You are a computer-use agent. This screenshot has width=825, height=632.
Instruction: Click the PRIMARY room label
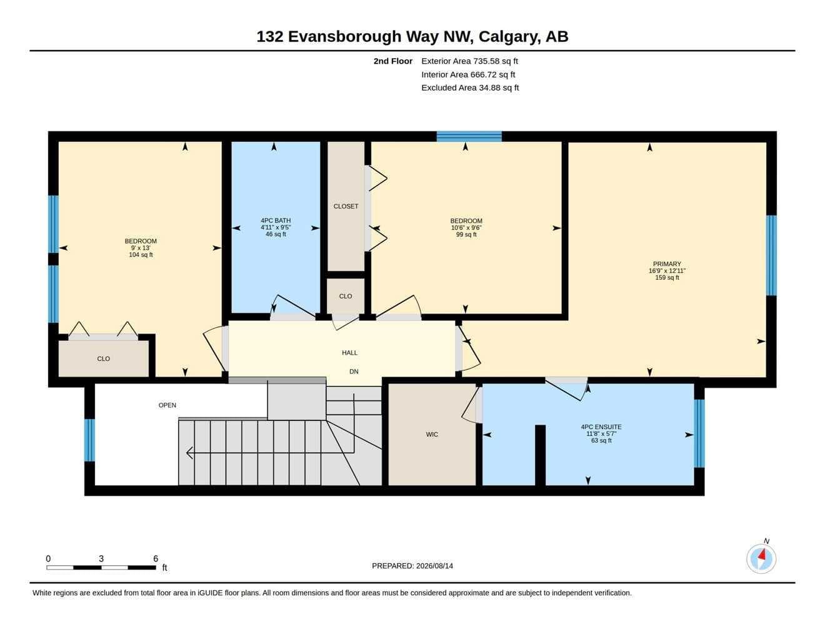(x=667, y=264)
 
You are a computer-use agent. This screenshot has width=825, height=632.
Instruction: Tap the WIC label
(x=432, y=435)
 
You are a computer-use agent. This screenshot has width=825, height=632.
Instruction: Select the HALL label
(x=349, y=353)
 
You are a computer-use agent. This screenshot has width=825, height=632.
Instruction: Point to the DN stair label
(x=354, y=372)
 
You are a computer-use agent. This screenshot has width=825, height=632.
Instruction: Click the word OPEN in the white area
(x=167, y=405)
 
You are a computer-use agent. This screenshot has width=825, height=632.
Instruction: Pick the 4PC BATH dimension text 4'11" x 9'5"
(x=276, y=227)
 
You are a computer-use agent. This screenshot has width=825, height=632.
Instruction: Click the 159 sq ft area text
(x=667, y=277)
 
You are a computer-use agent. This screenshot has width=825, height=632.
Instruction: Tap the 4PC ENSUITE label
(x=601, y=427)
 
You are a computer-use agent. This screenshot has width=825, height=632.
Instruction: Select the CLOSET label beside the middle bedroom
(x=346, y=206)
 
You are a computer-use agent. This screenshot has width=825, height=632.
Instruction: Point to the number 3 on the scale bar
(x=101, y=558)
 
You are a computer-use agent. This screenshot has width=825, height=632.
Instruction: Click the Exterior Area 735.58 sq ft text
(x=469, y=61)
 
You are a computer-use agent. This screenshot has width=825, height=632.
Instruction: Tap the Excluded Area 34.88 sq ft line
(x=469, y=87)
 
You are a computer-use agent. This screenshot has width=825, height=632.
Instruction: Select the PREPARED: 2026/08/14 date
(x=412, y=566)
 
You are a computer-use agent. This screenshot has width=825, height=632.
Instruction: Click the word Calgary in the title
(x=509, y=37)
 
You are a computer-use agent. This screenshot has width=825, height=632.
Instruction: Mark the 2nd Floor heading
(x=392, y=61)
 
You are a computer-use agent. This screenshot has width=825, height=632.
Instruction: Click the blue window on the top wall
(x=469, y=136)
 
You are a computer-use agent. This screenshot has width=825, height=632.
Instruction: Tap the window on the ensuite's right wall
(x=699, y=433)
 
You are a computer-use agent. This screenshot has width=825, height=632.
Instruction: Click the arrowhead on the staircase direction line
(x=189, y=453)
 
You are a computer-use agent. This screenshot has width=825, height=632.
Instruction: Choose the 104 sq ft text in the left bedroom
(x=141, y=255)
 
